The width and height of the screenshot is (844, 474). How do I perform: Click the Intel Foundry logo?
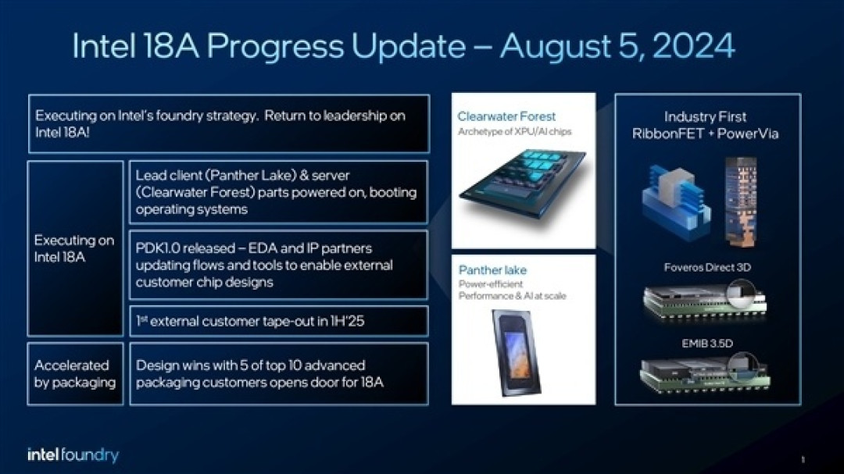(x=73, y=454)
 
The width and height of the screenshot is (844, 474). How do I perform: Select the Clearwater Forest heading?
(x=506, y=116)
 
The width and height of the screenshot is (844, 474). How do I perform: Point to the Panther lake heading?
(x=492, y=270)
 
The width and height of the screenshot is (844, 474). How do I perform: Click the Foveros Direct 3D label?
(x=707, y=267)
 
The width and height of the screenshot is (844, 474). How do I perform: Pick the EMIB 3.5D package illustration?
(x=703, y=372)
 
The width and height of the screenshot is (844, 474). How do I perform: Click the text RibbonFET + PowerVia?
(x=705, y=134)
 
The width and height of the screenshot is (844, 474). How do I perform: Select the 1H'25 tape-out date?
(x=349, y=320)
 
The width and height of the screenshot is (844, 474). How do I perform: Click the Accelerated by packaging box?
(x=75, y=373)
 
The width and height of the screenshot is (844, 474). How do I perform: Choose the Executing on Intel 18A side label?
(x=74, y=248)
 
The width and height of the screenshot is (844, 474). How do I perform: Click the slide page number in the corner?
(x=803, y=458)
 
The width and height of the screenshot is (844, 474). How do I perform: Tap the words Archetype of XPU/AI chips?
(x=514, y=131)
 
